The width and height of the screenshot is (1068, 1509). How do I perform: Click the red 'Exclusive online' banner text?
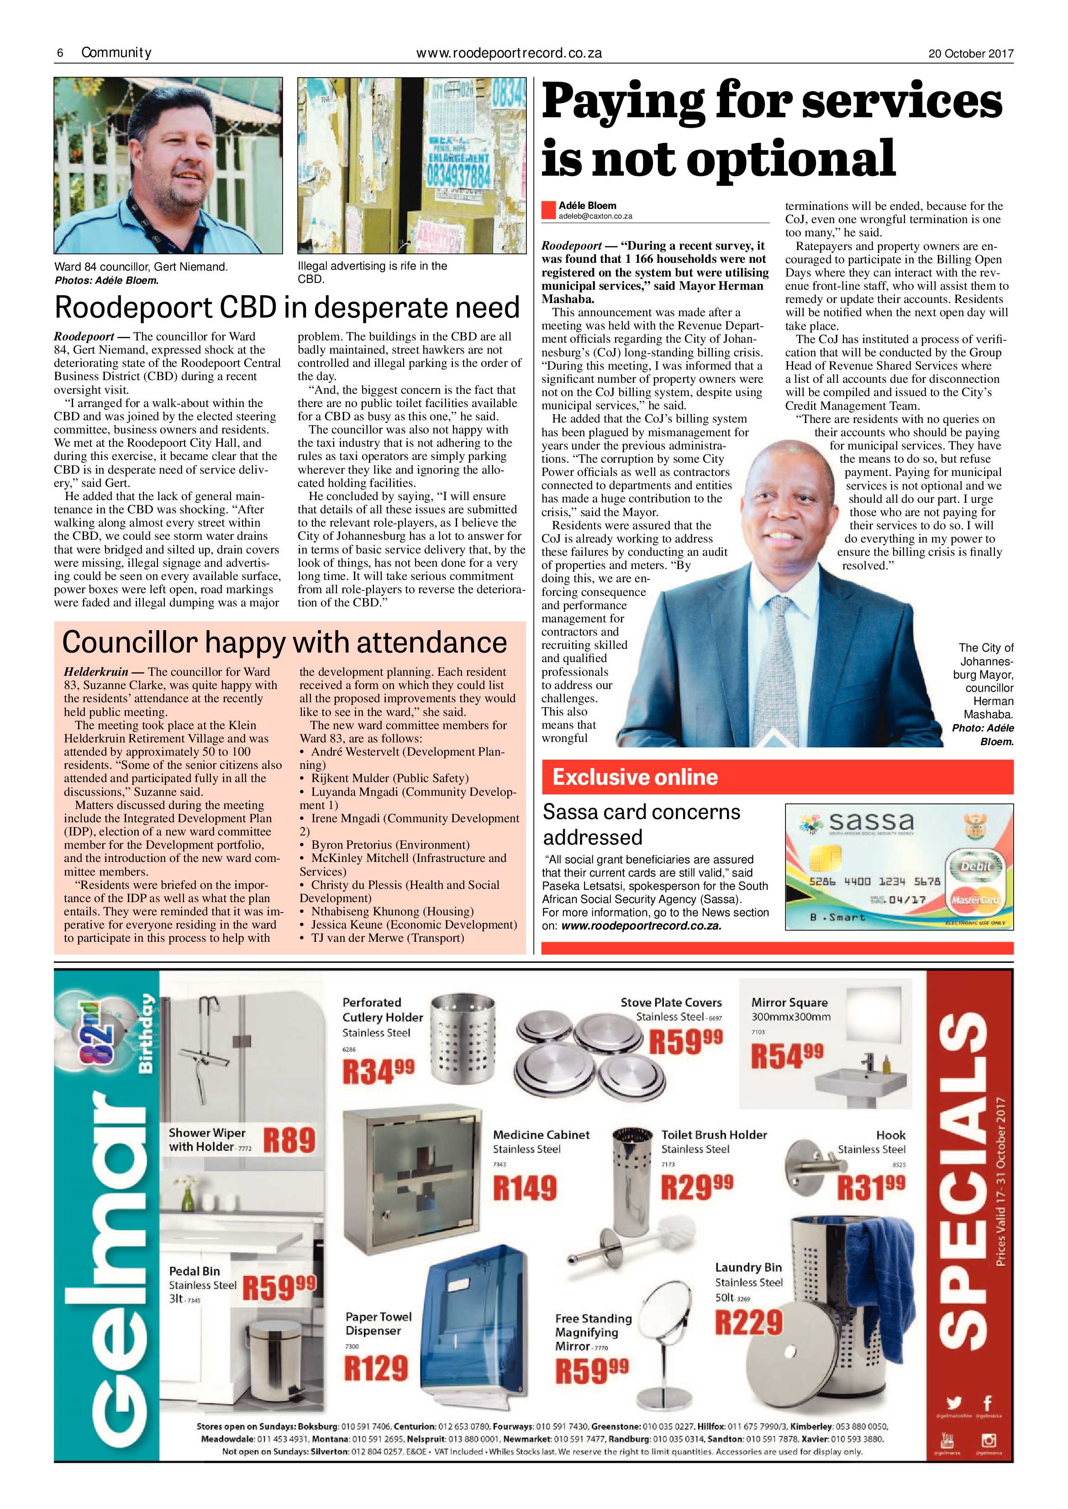[x=635, y=777]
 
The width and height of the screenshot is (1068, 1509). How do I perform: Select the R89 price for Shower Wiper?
[x=289, y=1140]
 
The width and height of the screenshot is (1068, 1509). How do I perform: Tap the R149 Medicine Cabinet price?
[x=525, y=1188]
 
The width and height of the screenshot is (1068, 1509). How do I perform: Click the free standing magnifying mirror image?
[x=664, y=1341]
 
